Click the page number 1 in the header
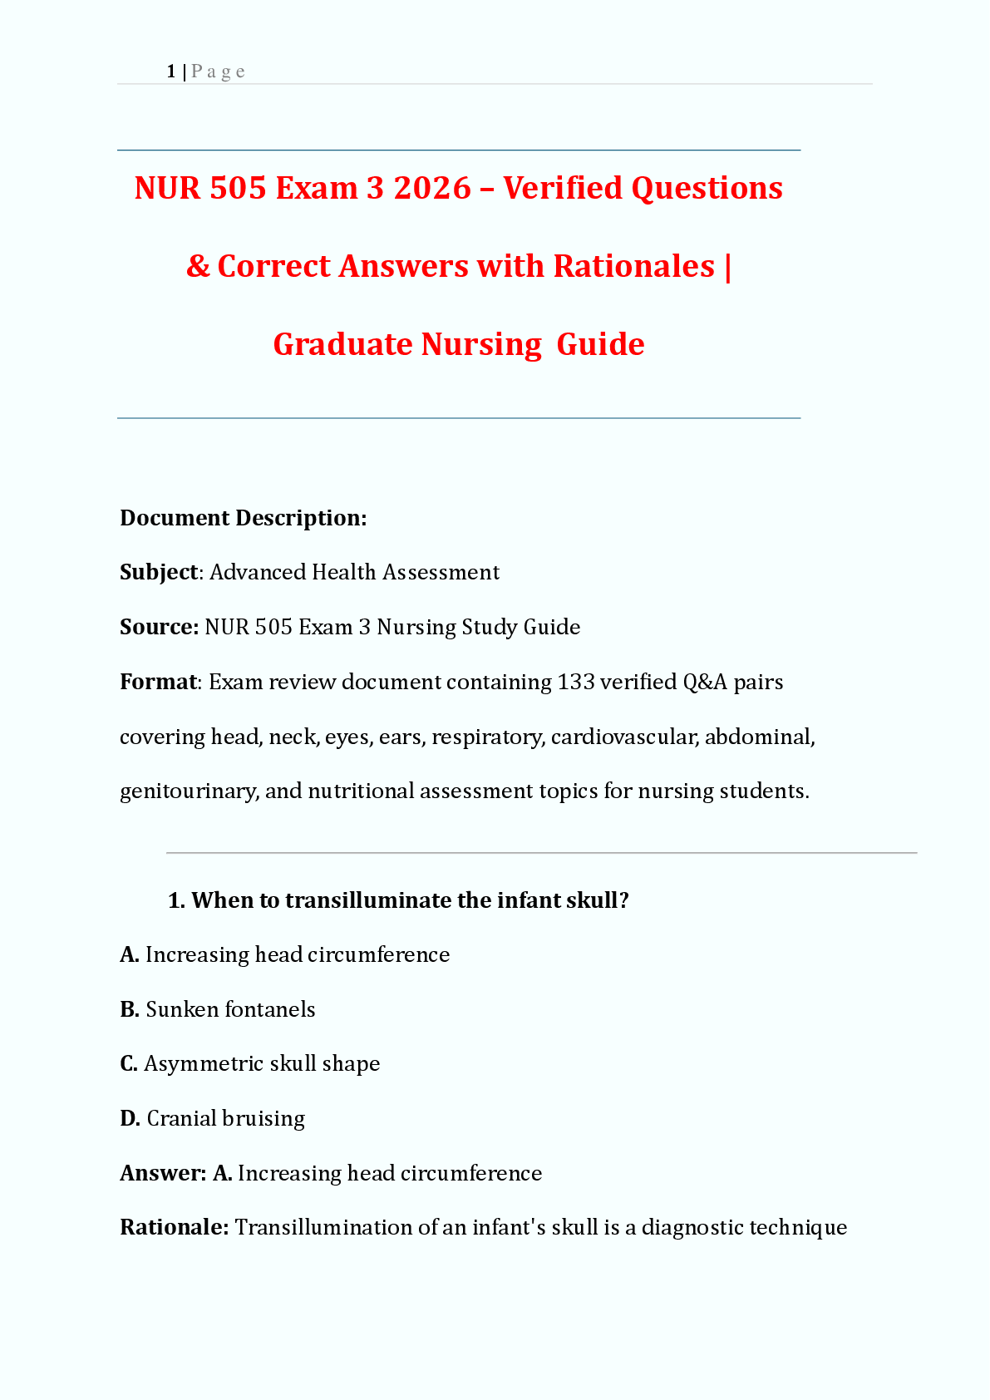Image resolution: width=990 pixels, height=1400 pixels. tap(170, 71)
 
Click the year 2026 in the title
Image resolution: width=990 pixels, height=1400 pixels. tap(432, 188)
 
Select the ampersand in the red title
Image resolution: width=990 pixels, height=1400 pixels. tap(198, 266)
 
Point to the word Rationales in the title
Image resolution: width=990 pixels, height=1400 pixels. tap(633, 266)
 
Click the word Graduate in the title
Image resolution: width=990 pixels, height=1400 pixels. tap(342, 344)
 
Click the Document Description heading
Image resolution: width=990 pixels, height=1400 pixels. tap(243, 518)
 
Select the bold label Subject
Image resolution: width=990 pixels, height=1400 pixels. tap(159, 572)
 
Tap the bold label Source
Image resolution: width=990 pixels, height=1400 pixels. tap(158, 627)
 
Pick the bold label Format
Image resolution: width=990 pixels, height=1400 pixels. tap(158, 682)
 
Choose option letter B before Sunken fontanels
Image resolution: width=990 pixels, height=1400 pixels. tap(129, 1009)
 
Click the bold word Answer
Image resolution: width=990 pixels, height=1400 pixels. tap(162, 1173)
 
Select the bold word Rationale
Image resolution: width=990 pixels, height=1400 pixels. tap(173, 1227)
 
